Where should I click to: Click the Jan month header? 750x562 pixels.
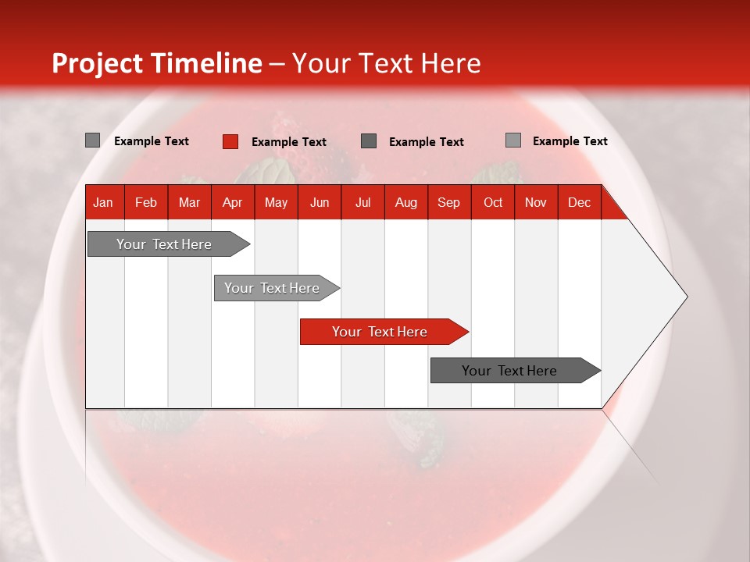[103, 203]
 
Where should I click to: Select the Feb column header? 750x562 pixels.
[146, 203]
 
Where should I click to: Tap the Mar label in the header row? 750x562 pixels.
[189, 203]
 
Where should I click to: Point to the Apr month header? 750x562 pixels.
[233, 203]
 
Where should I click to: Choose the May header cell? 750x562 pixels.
[276, 203]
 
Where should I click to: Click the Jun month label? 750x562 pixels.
[320, 203]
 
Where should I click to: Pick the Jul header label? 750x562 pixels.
[363, 203]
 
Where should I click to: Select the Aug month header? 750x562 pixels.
[406, 203]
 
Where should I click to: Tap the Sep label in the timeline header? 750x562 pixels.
[448, 203]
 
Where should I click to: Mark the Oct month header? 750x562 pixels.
[493, 203]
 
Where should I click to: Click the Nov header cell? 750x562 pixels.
[536, 203]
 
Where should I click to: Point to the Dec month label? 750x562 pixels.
[579, 203]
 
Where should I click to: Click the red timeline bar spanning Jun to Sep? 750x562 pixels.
[384, 332]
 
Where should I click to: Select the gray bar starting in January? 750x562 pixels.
[169, 244]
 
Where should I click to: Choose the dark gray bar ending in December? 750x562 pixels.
[516, 370]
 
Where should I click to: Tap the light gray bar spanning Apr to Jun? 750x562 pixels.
[277, 288]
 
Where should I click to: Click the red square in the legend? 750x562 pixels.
[230, 141]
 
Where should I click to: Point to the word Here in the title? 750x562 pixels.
[451, 63]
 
